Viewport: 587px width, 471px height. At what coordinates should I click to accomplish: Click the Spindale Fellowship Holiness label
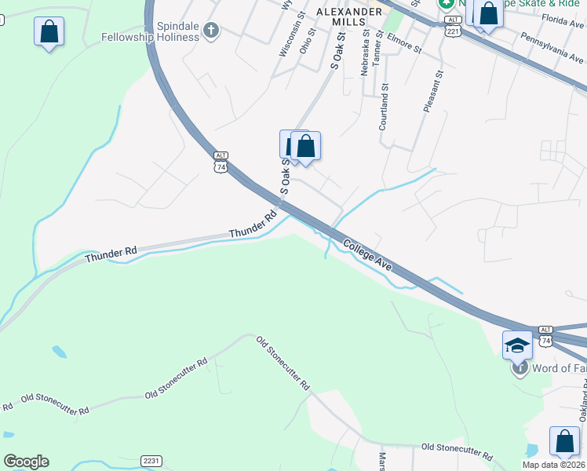[x=149, y=31]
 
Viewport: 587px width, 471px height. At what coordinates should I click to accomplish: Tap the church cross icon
[x=210, y=31]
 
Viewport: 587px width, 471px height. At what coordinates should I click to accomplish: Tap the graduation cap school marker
[x=518, y=345]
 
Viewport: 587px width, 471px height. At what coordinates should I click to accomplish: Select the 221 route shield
[x=451, y=31]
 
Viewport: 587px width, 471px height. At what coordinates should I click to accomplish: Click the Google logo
[x=26, y=462]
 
